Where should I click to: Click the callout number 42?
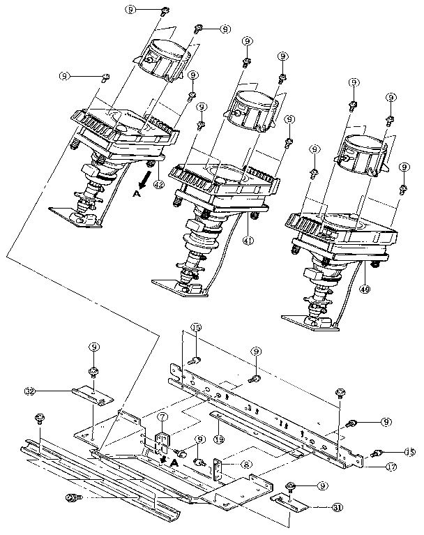pyautogui.click(x=159, y=185)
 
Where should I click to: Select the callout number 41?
pyautogui.click(x=248, y=241)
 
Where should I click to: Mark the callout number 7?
pyautogui.click(x=162, y=419)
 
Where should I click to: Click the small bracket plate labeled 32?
pyautogui.click(x=94, y=395)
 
